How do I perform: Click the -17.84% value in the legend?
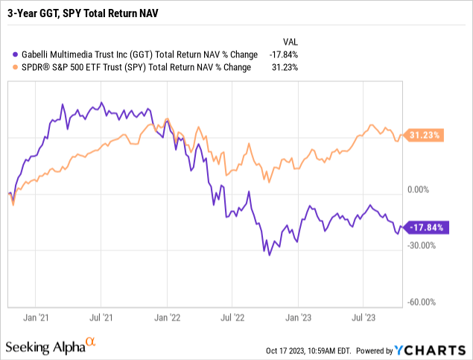tap(280, 54)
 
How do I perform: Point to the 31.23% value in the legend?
tap(282, 67)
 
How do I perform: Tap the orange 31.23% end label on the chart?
tap(425, 135)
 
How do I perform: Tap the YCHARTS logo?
tap(435, 349)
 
